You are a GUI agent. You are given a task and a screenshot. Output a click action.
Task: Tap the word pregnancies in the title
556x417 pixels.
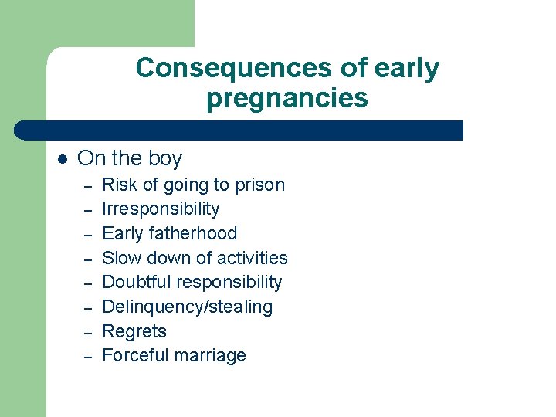287,99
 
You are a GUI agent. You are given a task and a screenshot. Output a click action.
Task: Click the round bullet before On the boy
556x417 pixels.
63,159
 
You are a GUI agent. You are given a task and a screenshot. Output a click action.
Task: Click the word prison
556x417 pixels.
259,185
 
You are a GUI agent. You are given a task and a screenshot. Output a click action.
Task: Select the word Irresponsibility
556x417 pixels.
161,209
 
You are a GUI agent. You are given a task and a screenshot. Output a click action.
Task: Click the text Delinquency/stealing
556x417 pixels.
187,307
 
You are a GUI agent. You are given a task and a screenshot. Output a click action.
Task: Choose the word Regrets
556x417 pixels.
134,331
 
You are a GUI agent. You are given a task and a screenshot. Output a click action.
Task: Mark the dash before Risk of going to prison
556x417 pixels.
89,186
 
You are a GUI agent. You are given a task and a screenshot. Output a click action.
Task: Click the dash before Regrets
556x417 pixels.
89,333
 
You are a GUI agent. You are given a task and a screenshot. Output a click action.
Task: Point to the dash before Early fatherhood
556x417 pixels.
89,235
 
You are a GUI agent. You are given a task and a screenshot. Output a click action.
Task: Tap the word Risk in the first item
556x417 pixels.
118,185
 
